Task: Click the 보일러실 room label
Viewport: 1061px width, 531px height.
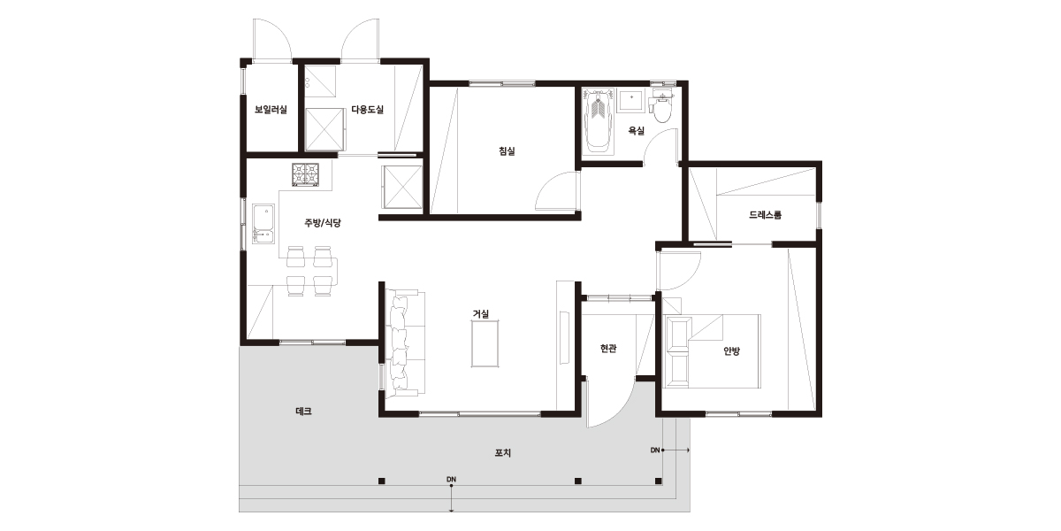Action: coord(271,110)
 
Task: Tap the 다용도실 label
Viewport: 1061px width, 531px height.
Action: coord(368,110)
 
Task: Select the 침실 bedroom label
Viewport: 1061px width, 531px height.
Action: coord(507,151)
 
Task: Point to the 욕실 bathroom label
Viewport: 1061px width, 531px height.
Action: coord(636,131)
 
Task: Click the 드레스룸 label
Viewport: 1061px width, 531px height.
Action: coord(766,215)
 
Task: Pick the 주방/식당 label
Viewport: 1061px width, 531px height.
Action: coord(323,223)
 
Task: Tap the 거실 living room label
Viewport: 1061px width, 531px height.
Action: coord(481,314)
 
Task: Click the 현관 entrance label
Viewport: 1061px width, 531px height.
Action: coord(608,349)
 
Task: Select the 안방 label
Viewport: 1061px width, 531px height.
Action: coord(732,351)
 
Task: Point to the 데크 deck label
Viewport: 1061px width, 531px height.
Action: coord(303,412)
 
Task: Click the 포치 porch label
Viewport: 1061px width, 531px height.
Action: coord(503,453)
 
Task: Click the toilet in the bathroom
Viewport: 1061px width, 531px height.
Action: coord(661,105)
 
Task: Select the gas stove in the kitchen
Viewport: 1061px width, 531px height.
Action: coord(306,174)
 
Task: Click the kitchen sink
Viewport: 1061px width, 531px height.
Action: coord(263,224)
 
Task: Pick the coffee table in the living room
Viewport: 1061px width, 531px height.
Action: coord(485,343)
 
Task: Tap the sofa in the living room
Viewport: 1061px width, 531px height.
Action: coord(405,342)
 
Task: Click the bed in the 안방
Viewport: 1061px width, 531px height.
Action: coord(712,350)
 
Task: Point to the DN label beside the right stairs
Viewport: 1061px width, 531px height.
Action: coord(655,450)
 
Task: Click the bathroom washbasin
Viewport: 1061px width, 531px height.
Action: coord(631,100)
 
